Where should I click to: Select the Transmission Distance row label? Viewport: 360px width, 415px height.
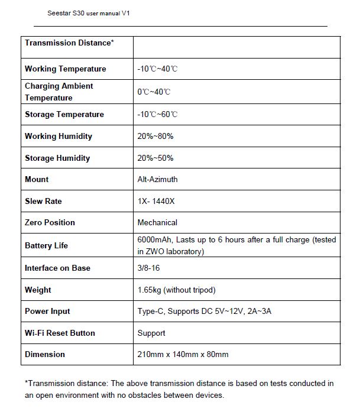click(x=69, y=43)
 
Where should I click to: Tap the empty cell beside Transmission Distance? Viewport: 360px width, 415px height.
click(x=236, y=47)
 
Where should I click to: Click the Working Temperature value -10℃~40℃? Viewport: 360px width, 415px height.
click(x=157, y=69)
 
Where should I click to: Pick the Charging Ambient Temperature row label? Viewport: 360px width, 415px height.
click(x=59, y=92)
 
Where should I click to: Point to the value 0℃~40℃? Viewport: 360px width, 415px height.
click(x=154, y=92)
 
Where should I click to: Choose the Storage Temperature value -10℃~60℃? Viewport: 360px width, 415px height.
click(x=157, y=115)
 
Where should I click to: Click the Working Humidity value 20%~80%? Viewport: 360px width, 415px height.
click(x=155, y=137)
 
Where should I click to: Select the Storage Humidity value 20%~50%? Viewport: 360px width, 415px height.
click(x=155, y=158)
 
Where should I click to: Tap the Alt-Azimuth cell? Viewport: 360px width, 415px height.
click(x=157, y=180)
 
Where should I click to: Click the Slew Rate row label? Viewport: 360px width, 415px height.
click(x=43, y=202)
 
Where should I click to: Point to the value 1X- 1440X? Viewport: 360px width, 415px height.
click(x=156, y=202)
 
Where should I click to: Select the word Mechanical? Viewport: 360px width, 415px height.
click(x=157, y=223)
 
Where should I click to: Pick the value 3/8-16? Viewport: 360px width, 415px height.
click(x=149, y=268)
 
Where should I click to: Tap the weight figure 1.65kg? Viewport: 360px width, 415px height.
click(x=148, y=290)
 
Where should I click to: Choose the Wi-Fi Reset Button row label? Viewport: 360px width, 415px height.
click(x=60, y=333)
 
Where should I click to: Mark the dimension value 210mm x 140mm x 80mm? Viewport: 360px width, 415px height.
click(x=183, y=355)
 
